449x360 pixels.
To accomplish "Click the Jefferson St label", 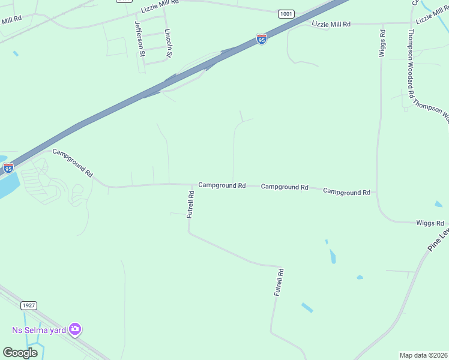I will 140,39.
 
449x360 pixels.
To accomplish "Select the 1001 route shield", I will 286,13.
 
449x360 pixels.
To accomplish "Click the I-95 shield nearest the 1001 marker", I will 261,39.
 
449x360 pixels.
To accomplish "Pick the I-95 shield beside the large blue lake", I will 8,168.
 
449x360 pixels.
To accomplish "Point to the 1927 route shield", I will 29,305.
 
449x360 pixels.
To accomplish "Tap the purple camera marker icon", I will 75,329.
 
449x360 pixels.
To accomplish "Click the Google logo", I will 20,352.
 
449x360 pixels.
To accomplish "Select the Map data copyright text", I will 424,355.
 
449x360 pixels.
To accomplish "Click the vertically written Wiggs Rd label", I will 382,43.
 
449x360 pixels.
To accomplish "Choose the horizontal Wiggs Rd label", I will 430,223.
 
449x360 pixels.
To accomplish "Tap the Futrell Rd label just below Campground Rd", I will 190,204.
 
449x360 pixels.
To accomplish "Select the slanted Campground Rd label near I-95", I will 73,162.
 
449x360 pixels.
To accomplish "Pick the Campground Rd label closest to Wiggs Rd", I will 346,192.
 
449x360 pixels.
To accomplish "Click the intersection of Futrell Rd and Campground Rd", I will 192,185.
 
